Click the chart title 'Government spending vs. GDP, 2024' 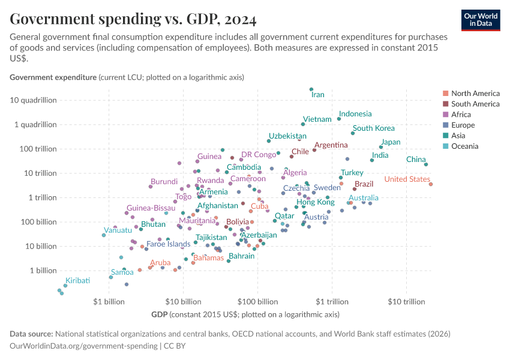click(133, 20)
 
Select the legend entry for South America click(475, 104)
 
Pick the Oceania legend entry click(465, 146)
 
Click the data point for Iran click(311, 89)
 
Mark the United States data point click(431, 184)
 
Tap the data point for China click(426, 164)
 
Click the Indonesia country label click(355, 114)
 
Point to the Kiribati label click(77, 280)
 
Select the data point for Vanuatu click(104, 235)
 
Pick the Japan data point click(381, 147)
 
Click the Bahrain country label click(241, 256)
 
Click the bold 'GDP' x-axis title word click(159, 314)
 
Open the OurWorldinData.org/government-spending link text click(84, 346)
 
